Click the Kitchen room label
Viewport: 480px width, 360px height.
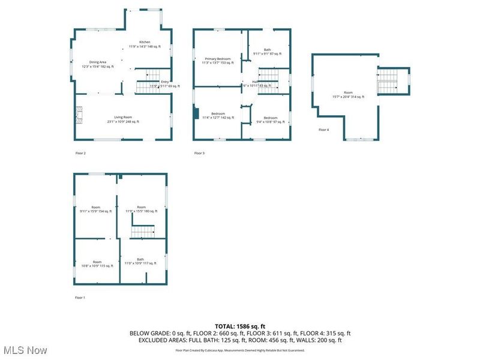pos(145,44)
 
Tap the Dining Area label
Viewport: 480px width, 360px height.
pos(98,64)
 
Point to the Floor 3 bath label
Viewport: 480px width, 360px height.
pos(267,52)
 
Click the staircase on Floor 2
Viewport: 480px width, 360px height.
pos(146,87)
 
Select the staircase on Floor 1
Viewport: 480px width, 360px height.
pos(143,231)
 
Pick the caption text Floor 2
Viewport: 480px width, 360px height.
pos(80,154)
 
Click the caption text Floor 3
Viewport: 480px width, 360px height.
pos(199,154)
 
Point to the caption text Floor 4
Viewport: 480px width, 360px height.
pos(324,130)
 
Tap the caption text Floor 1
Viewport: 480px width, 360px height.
pos(80,298)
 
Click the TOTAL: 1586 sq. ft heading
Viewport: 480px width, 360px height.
pos(240,326)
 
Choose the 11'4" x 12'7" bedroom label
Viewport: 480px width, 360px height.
pos(218,116)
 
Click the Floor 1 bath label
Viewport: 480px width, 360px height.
pos(140,261)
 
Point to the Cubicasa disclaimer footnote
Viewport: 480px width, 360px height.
pos(240,350)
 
